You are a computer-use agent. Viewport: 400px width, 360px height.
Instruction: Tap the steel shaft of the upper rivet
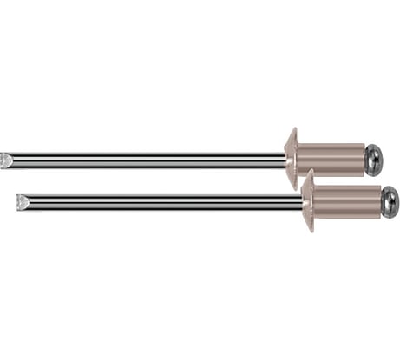tap(148, 160)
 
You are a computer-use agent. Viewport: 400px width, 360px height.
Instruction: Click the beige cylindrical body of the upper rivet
tap(330, 159)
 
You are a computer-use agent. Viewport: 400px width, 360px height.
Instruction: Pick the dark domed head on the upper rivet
tap(374, 159)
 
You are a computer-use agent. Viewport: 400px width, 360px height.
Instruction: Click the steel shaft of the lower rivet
tap(165, 202)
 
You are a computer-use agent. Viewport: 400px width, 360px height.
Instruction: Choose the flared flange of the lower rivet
tap(308, 201)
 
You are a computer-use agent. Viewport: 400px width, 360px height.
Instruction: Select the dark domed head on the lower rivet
tap(390, 201)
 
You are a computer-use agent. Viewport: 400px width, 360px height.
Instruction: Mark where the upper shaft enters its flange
tap(285, 160)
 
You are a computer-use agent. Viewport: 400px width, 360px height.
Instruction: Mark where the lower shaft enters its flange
tap(301, 202)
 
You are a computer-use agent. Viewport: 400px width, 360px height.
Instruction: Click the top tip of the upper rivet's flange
tap(293, 129)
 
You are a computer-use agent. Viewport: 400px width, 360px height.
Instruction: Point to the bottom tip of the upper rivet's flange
tap(293, 189)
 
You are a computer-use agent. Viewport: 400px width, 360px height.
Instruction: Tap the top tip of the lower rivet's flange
tap(309, 171)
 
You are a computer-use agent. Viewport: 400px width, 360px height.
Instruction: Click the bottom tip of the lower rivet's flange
tap(309, 232)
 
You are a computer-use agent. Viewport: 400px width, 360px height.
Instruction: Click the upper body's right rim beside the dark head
tap(363, 159)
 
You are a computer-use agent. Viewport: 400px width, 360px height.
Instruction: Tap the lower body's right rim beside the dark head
tap(380, 201)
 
